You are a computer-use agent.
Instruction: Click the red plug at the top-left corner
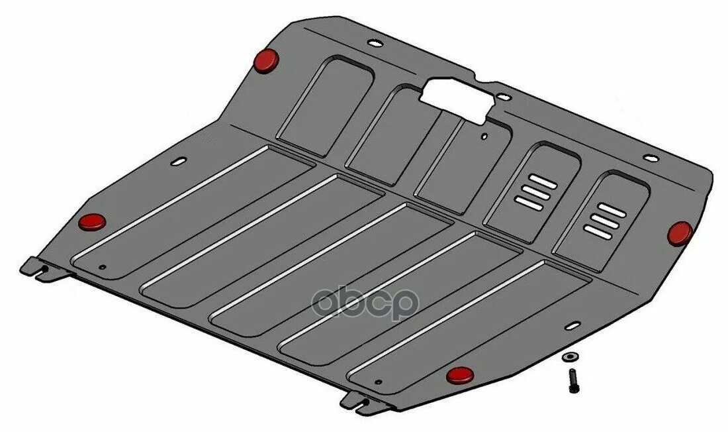coord(267,60)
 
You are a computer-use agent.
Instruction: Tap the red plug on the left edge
coord(92,222)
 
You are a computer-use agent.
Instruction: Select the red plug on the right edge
coord(680,233)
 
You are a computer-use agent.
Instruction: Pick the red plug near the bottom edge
coord(460,375)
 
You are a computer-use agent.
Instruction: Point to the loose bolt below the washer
coord(572,380)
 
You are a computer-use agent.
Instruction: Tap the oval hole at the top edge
coord(375,43)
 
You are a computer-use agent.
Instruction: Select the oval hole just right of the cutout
coord(504,97)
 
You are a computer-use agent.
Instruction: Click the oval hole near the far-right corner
coord(651,158)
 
